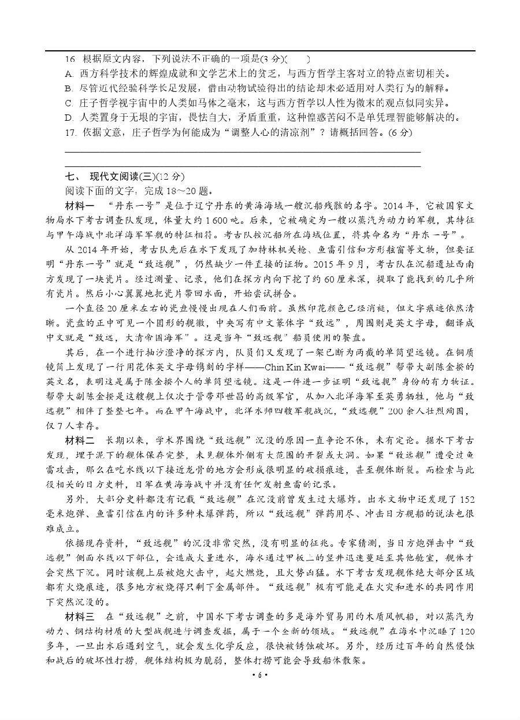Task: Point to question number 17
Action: pos(72,132)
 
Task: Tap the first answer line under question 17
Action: pos(243,152)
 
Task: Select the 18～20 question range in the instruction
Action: pos(183,191)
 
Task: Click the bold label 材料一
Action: pos(80,206)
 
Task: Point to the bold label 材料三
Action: pos(80,615)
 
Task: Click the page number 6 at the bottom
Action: pos(260,675)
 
